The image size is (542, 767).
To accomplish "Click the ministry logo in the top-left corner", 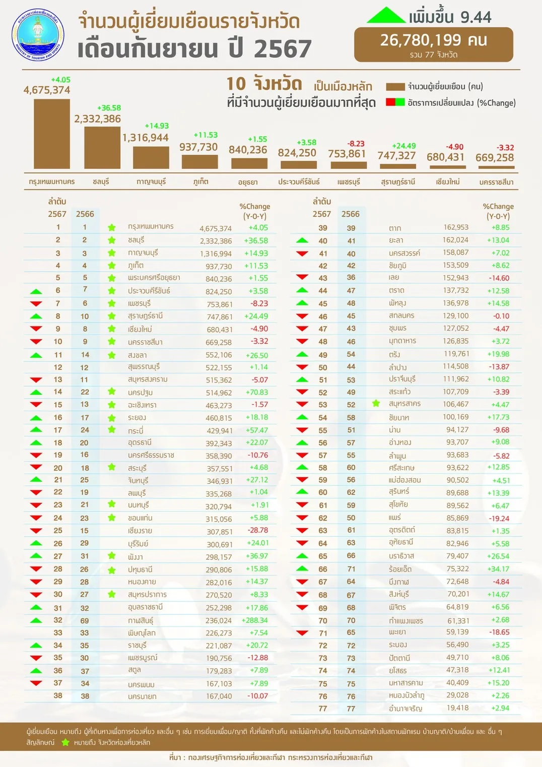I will pos(38,35).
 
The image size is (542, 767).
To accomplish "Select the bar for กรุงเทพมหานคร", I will pos(52,134).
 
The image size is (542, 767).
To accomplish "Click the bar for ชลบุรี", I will pos(102,147).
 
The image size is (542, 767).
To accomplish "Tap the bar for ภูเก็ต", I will pos(199,161).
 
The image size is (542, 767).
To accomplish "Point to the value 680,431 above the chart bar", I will pos(445,157).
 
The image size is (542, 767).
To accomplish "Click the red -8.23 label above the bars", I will pos(356,144).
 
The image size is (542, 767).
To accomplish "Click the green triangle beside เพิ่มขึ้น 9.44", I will pos(386,16).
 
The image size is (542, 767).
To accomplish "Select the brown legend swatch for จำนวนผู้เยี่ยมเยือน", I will pos(395,87).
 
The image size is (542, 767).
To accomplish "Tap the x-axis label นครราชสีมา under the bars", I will pos(496,182).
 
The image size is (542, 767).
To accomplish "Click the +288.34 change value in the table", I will pos(255,620).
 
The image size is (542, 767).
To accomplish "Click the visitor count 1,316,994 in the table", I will pos(216,253).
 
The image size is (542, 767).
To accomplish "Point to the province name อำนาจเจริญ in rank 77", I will pos(405,709).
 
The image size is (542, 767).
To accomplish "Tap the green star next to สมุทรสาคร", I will pos(376,403).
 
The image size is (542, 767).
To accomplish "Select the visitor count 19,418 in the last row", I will pos(457,708).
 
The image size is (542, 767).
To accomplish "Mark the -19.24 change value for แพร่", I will pos(499,518).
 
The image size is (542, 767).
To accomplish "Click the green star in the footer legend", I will pos(65,742).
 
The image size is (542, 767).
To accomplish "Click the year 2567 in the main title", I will pos(283,49).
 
